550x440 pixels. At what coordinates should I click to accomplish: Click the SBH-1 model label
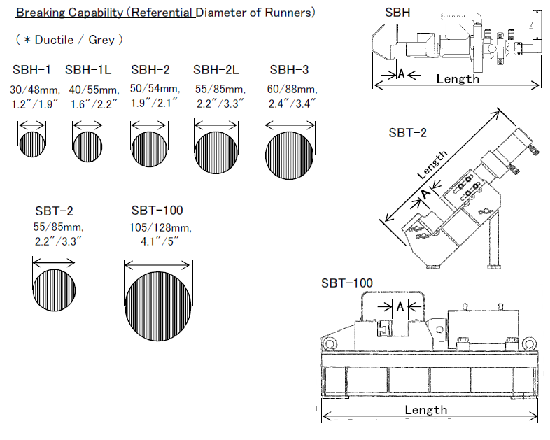[31, 70]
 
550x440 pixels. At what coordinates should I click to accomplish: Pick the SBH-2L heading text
[216, 70]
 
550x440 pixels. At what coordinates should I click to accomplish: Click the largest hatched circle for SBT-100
[157, 306]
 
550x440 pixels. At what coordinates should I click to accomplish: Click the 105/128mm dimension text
[160, 228]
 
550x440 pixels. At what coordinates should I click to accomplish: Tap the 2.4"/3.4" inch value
[292, 104]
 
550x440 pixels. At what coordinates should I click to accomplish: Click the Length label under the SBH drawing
[458, 78]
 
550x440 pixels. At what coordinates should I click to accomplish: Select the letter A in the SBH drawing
[401, 73]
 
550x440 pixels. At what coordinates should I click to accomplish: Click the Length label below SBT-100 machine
[425, 410]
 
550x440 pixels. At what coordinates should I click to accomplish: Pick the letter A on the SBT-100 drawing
[400, 306]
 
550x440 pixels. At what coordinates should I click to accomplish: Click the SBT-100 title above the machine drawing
[347, 283]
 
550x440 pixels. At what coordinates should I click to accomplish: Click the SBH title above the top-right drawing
[398, 12]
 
